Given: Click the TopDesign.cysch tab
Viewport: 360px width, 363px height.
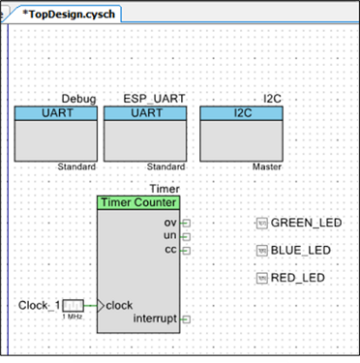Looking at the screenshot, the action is pos(68,15).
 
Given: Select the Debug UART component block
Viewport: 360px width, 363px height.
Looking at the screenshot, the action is pos(56,134).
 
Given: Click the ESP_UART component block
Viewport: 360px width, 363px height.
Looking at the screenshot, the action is pos(145,134).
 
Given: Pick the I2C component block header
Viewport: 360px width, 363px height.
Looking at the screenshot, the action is pos(242,113).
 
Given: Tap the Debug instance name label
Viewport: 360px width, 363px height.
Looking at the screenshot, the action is pos(78,99).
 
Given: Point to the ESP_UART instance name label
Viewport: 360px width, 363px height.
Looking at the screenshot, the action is pos(154,99).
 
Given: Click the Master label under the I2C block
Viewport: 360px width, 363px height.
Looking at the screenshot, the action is pos(267,166).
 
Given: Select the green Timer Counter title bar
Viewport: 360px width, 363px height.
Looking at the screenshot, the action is pos(138,202).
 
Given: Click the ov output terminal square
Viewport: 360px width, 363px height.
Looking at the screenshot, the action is pos(187,223).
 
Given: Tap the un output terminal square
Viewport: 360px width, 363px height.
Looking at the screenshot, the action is pos(187,237).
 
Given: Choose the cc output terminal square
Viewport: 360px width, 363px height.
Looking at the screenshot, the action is pos(187,251).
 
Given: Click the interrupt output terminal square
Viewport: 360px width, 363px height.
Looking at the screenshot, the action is pos(187,319).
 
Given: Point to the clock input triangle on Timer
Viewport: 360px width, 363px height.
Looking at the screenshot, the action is pos(101,306).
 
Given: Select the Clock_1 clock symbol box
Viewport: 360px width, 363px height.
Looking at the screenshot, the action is pos(73,306).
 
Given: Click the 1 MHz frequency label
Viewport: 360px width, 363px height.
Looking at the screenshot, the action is pos(73,317).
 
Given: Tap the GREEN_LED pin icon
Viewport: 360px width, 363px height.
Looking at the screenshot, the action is pos(262,223).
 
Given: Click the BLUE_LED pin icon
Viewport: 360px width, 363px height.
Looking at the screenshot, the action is pos(262,251).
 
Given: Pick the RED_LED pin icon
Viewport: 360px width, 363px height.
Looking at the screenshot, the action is pos(262,278).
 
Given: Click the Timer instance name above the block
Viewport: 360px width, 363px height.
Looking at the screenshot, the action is pos(165,189).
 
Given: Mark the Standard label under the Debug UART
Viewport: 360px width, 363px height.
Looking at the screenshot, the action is pos(76,166).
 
